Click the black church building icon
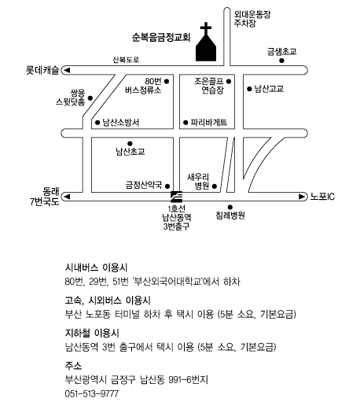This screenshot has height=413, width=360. point(206,48)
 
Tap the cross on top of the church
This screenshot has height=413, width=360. point(206,28)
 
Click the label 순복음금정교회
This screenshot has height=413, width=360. point(161,37)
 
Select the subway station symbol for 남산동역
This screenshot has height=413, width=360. point(176,197)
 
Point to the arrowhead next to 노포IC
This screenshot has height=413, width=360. point(302,197)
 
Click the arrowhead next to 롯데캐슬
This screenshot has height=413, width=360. point(67,70)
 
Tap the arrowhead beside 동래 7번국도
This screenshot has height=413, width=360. point(67,197)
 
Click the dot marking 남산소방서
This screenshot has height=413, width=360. point(97,123)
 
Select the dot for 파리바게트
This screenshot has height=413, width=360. point(186,123)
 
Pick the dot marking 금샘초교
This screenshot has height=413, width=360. point(281,61)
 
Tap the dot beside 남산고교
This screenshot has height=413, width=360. point(249,89)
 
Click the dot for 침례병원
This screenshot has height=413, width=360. point(230,207)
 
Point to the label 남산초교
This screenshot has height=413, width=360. point(130,152)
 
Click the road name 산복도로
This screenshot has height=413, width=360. point(126,60)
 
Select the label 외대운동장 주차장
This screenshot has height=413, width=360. point(252,19)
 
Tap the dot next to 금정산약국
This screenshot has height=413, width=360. point(167,186)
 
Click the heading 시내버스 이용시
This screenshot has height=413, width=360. point(97,267)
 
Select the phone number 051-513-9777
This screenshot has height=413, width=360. point(92,394)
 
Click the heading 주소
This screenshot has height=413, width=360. point(73,366)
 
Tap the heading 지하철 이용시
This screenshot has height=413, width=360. point(92,334)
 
